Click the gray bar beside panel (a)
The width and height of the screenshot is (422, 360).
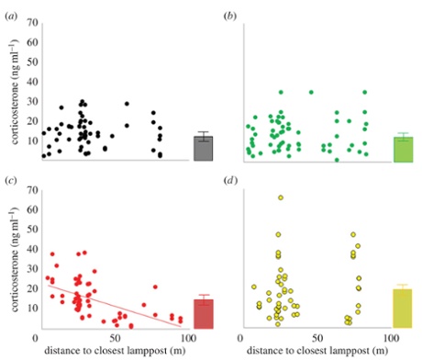pyautogui.click(x=203, y=149)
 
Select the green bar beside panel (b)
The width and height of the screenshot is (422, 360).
pyautogui.click(x=402, y=150)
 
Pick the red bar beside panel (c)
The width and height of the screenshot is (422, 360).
pyautogui.click(x=203, y=313)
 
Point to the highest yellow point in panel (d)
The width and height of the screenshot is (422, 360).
pyautogui.click(x=280, y=197)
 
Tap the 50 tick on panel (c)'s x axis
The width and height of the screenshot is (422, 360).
pyautogui.click(x=116, y=338)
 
